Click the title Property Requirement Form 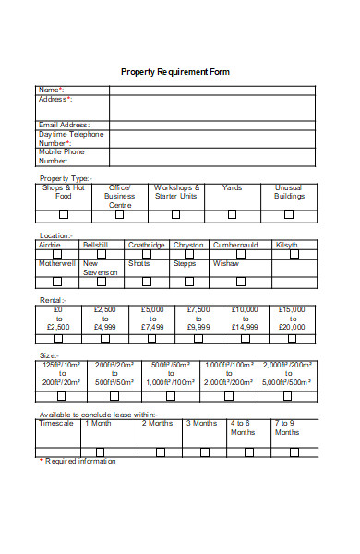(x=175, y=71)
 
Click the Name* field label (x=52, y=90)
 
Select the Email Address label (x=65, y=125)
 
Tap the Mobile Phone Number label (x=60, y=156)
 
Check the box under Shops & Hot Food (x=63, y=214)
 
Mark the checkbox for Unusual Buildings (x=289, y=214)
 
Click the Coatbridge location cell (x=147, y=246)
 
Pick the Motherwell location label (x=58, y=263)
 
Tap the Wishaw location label (x=226, y=263)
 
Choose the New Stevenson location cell (x=101, y=268)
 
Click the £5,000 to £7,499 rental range (x=152, y=318)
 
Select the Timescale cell (x=56, y=424)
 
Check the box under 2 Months (x=160, y=452)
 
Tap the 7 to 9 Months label (x=287, y=428)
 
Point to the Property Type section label (x=65, y=178)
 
